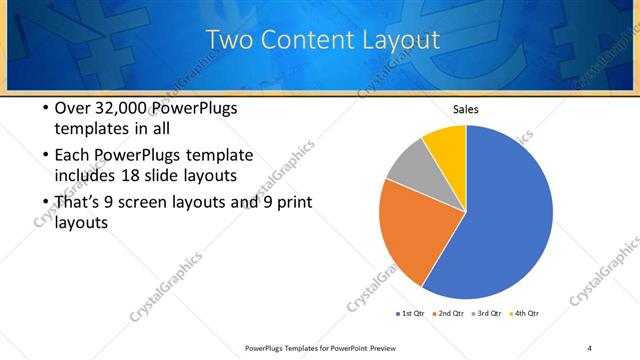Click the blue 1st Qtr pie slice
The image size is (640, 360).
click(500, 220)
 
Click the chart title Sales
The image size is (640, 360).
click(466, 108)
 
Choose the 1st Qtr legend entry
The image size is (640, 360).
click(410, 313)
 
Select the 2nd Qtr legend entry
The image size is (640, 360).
click(449, 313)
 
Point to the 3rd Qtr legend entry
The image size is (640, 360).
click(487, 313)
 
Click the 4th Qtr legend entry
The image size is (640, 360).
click(525, 313)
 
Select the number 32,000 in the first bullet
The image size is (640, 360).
click(115, 108)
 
